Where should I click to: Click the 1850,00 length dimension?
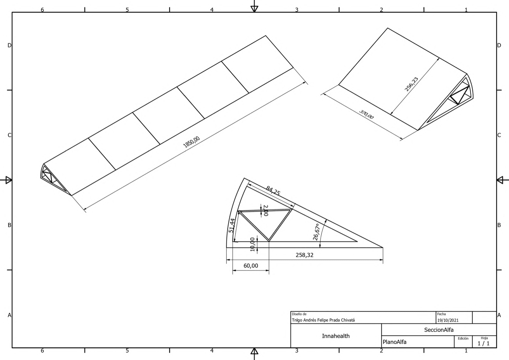[x=192, y=142]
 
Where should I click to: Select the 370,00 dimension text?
[x=366, y=114]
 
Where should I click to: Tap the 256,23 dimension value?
[x=411, y=84]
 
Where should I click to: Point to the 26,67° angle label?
[x=317, y=232]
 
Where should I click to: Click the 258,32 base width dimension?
[x=304, y=255]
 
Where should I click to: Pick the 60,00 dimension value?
[x=251, y=266]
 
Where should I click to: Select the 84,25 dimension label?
[x=273, y=191]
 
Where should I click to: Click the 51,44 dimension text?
[x=231, y=225]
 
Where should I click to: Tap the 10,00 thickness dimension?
[x=252, y=245]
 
